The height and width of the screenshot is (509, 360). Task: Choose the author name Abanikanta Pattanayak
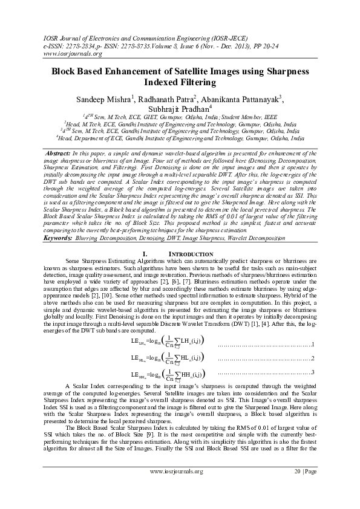pos(246,99)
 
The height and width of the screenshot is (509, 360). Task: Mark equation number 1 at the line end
pos(312,344)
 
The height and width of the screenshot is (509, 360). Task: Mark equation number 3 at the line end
pos(312,372)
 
